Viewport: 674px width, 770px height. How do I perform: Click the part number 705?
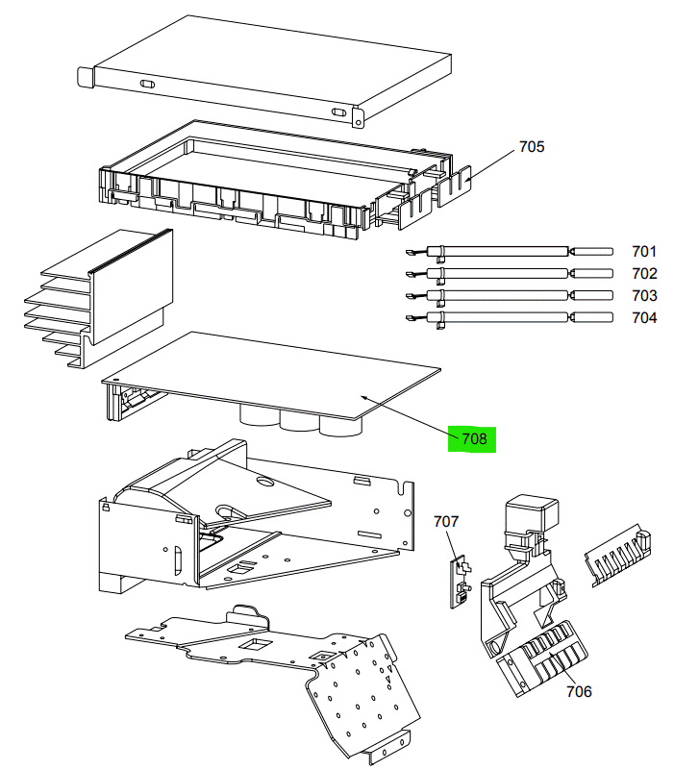(x=532, y=147)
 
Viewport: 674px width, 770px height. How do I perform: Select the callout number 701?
(x=644, y=251)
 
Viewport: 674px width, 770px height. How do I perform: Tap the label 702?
(x=644, y=273)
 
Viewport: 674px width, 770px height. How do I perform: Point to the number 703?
(x=644, y=295)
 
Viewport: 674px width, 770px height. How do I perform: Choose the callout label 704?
(x=644, y=317)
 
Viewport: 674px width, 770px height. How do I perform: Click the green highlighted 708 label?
(x=474, y=439)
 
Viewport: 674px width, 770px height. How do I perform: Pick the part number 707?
(x=446, y=521)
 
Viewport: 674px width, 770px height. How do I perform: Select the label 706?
(x=579, y=691)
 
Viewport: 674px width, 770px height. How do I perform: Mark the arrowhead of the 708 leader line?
(x=363, y=395)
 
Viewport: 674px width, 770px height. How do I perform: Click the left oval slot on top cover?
(x=148, y=86)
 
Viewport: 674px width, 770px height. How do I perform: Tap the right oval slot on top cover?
(x=338, y=112)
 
